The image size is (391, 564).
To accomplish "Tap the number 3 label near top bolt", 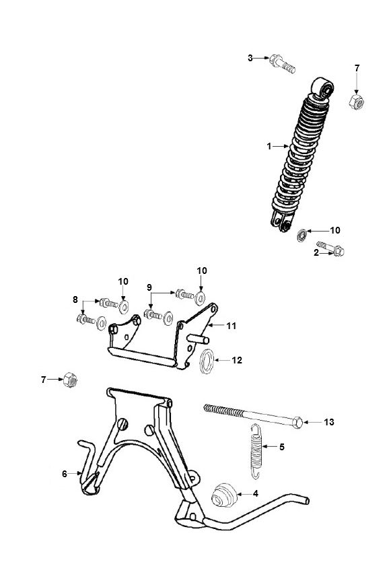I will (x=250, y=58).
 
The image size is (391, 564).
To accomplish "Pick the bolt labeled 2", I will (x=333, y=249).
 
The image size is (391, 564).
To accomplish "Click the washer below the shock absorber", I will (x=303, y=234).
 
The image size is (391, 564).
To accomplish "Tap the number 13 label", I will (x=328, y=422).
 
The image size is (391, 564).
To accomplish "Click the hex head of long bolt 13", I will (x=297, y=422).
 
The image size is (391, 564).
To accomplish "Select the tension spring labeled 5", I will (x=255, y=452).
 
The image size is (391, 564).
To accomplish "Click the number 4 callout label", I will (x=255, y=493).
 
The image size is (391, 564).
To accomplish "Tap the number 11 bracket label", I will (x=231, y=326).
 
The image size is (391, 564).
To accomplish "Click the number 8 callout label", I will (x=75, y=299).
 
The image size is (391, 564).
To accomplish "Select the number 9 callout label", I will (x=148, y=288).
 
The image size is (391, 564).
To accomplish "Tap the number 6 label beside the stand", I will (x=65, y=474).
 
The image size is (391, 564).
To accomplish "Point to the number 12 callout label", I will (x=237, y=360).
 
